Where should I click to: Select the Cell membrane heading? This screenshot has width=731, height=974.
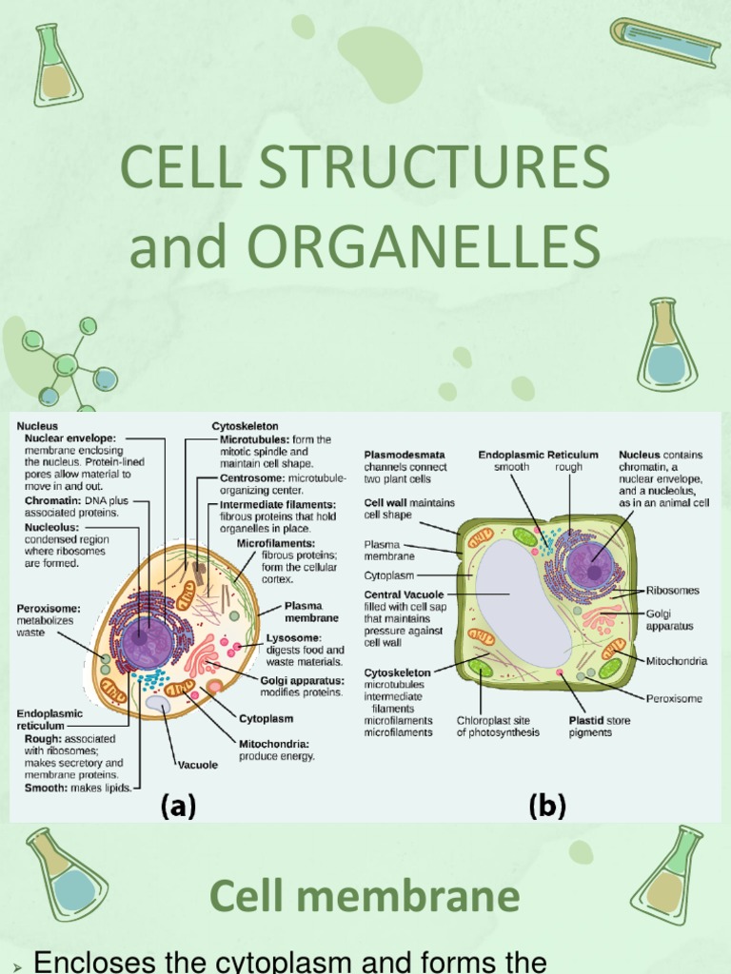click(365, 895)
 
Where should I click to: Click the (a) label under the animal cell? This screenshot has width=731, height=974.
click(178, 807)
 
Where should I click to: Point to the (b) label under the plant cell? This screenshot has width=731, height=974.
click(547, 807)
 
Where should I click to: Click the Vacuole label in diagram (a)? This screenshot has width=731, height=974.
click(197, 764)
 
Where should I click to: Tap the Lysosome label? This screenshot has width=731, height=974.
click(293, 637)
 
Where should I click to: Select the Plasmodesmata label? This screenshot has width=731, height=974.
click(404, 455)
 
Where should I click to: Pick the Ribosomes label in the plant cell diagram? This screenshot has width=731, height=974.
click(672, 591)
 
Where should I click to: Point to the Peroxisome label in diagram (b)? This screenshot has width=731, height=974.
click(674, 698)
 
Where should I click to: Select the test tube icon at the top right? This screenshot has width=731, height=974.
click(666, 43)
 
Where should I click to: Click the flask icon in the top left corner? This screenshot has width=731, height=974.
click(57, 67)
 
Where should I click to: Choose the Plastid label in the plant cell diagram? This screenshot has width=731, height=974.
click(585, 721)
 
